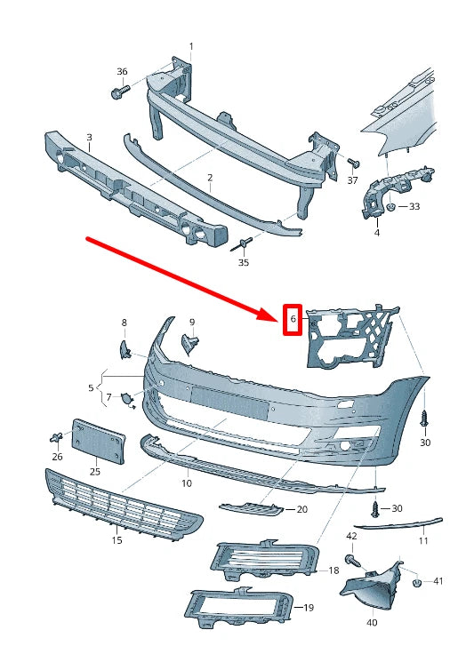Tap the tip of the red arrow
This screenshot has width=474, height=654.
[280, 316]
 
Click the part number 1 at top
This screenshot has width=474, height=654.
[190, 45]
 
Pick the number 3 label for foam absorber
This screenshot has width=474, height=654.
[88, 137]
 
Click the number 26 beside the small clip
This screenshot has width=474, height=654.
[57, 457]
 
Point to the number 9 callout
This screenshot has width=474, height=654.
[191, 322]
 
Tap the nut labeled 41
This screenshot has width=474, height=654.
[416, 584]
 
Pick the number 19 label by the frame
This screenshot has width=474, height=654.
[308, 608]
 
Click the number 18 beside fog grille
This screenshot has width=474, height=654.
[333, 570]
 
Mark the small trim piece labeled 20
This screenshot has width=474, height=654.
[252, 509]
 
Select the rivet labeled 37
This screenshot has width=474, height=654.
[352, 163]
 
